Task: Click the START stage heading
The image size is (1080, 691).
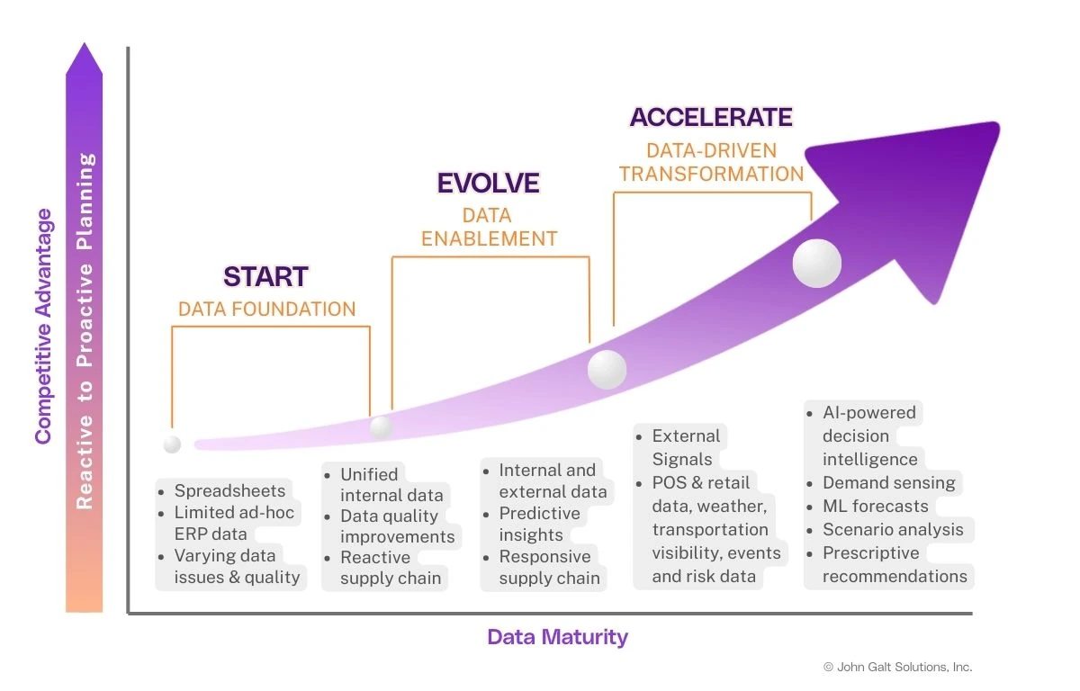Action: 265,276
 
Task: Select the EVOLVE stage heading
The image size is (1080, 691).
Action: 488,184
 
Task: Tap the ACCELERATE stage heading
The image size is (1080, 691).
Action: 710,117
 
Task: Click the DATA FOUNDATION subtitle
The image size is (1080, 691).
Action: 266,309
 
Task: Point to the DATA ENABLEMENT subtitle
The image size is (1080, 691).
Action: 489,227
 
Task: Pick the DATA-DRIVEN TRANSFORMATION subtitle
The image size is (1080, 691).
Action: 711,162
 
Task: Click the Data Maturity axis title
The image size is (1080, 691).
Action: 557,637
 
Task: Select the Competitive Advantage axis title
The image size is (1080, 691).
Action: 43,326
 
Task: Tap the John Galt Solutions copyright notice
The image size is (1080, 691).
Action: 897,667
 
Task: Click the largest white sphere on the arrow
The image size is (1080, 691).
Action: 816,264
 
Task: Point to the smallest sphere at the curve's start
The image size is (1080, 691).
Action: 172,444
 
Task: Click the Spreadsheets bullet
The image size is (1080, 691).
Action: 229,490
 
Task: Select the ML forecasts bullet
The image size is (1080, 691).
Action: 875,506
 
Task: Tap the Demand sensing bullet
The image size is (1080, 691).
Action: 888,482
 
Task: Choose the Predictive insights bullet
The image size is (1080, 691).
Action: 539,524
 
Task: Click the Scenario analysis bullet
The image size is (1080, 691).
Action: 892,529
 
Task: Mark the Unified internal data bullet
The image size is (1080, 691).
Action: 391,484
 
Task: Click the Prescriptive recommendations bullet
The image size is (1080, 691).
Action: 894,564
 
